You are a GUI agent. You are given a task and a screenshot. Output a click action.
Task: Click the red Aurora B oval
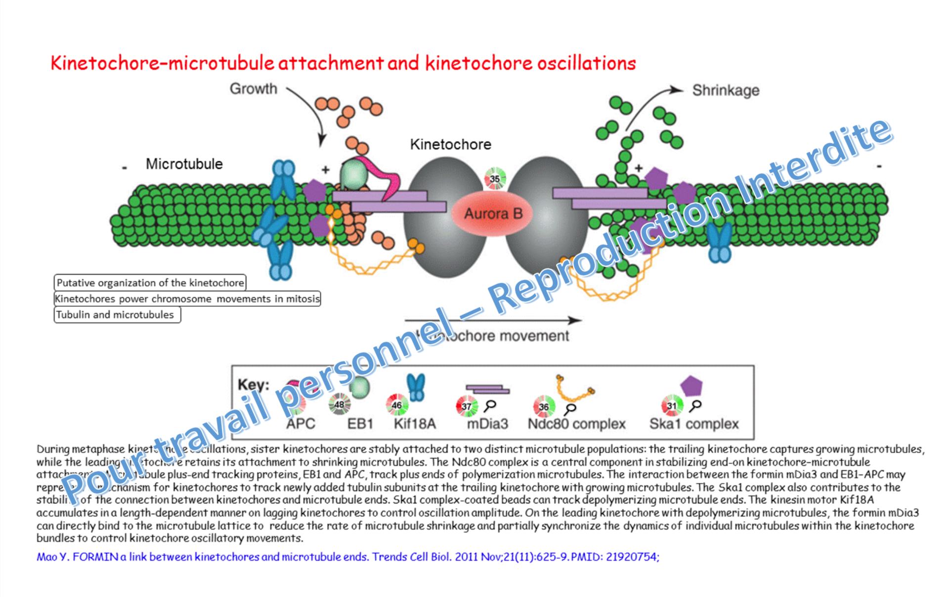493,214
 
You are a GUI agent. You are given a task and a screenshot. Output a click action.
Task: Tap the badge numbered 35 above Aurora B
495,178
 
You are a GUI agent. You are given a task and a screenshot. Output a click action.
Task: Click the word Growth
254,89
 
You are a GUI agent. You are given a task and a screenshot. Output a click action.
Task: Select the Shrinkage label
725,90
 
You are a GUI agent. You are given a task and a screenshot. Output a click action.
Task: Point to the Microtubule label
184,164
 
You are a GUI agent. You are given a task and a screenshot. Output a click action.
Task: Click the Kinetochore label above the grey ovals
450,144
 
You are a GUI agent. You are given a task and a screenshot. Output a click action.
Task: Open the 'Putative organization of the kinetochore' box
150,283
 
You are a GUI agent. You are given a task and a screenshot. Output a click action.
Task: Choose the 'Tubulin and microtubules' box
117,315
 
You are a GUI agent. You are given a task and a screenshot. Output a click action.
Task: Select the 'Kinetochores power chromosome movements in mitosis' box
187,299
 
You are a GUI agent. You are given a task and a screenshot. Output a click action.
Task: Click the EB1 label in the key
360,424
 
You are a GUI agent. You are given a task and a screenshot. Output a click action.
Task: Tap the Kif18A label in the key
415,424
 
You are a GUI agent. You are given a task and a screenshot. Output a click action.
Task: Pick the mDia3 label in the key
487,424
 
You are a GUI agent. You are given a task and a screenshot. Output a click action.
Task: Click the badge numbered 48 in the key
339,405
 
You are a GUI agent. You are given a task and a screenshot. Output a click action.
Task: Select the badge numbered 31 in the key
672,406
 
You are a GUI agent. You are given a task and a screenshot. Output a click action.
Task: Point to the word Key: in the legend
253,384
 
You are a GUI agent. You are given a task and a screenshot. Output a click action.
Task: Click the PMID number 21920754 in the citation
631,557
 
